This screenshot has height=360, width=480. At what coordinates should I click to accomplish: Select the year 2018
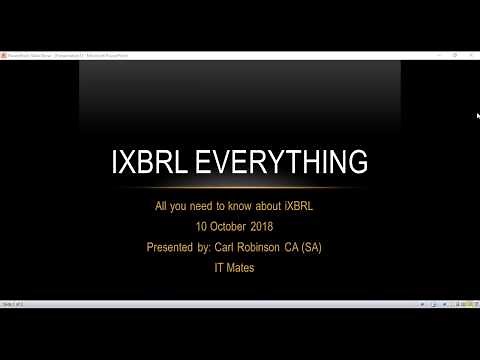[274, 227]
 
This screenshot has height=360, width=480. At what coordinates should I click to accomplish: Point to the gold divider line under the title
[240, 187]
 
